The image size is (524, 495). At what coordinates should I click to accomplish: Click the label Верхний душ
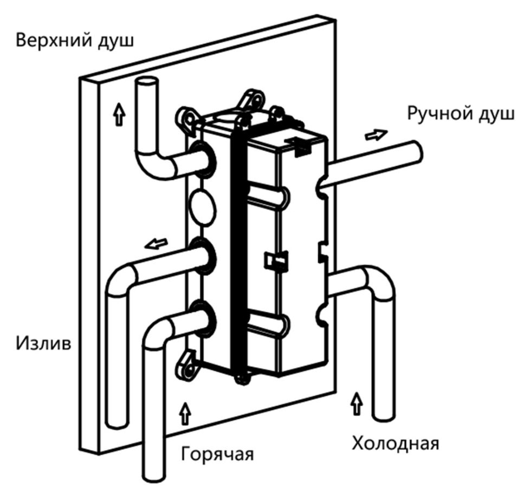74,41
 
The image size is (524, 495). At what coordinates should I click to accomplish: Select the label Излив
43,343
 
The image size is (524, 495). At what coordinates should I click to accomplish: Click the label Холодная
395,444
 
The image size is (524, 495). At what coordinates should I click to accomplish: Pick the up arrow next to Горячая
186,414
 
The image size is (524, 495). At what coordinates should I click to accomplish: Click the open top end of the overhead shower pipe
146,85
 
